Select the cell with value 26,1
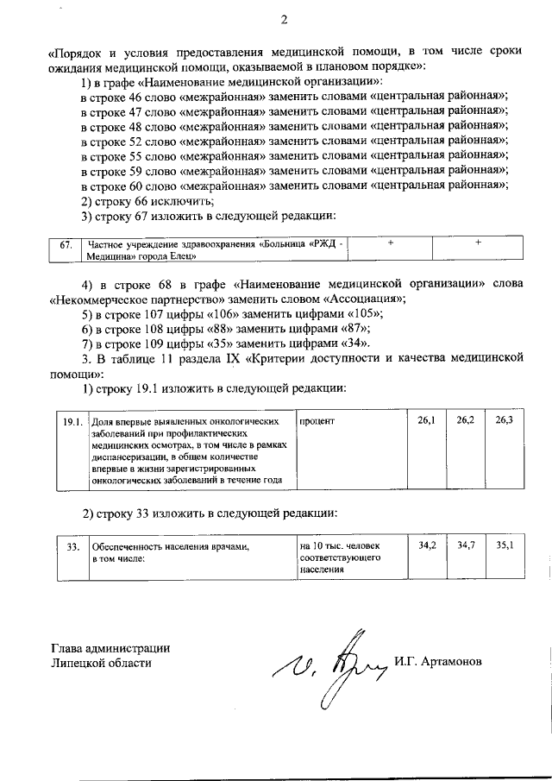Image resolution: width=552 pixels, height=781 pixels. (426, 420)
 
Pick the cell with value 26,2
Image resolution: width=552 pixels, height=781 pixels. (466, 420)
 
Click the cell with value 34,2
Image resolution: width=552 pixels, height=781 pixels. (426, 545)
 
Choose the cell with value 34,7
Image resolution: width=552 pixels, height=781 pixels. (466, 545)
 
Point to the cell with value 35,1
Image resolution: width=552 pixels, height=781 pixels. (505, 545)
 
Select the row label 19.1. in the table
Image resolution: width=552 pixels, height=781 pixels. (72, 421)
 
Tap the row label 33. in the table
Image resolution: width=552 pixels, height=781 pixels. (73, 546)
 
